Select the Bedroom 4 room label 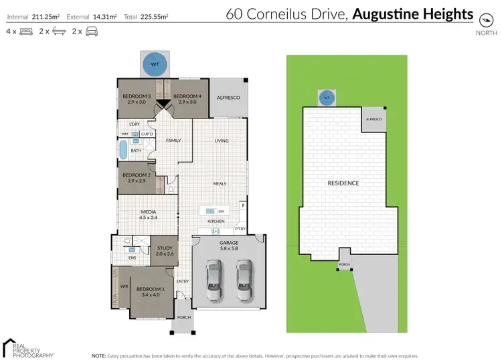(187, 96)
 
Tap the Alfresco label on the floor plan (228, 97)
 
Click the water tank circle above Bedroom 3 (155, 65)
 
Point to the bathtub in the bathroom (123, 151)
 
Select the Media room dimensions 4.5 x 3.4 (149, 217)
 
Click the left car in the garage (214, 282)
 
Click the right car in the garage (244, 282)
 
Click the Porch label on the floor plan (183, 318)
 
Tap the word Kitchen (216, 221)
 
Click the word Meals (220, 183)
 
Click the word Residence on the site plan (343, 183)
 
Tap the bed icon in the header (27, 31)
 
